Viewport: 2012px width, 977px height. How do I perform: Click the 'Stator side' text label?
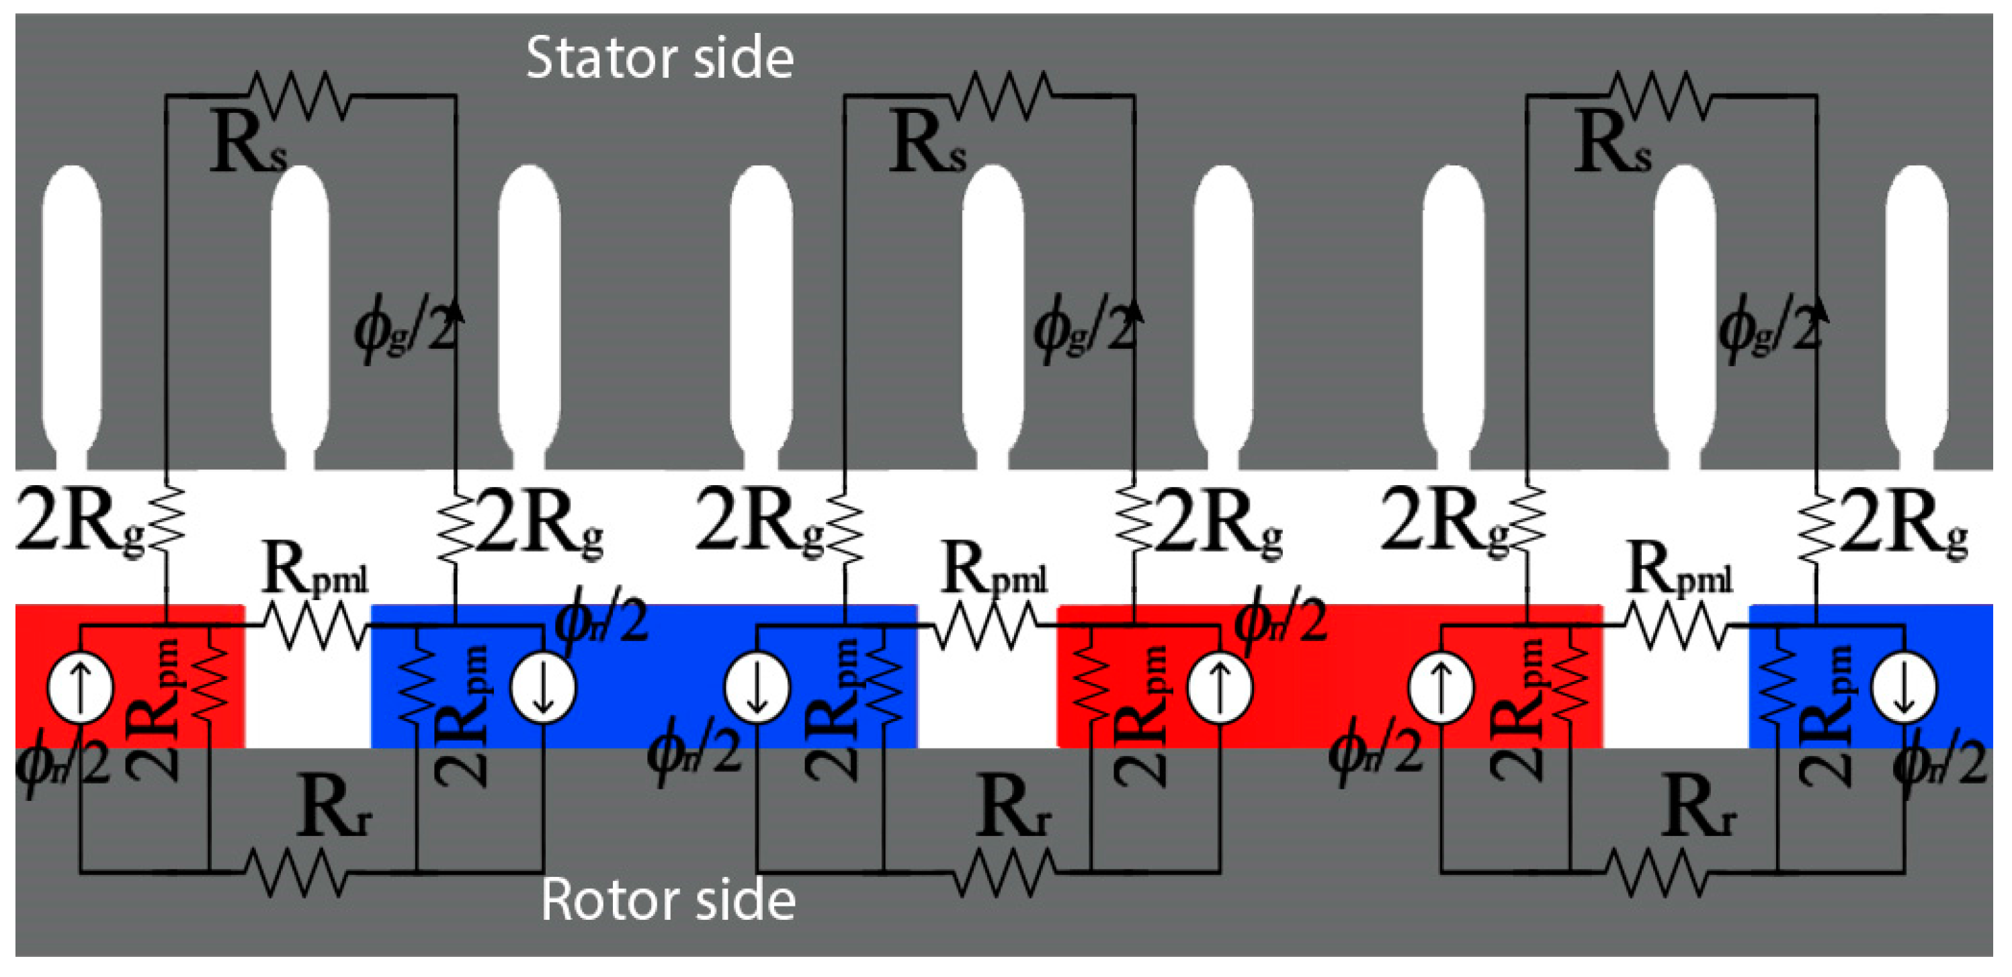659,58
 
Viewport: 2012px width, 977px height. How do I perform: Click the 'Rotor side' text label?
668,900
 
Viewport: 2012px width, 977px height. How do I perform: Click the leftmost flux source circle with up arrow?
81,688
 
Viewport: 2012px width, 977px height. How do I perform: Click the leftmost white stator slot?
72,312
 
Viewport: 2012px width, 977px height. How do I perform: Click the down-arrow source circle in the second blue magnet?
757,688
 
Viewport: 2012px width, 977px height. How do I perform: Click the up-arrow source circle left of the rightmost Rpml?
1441,688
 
